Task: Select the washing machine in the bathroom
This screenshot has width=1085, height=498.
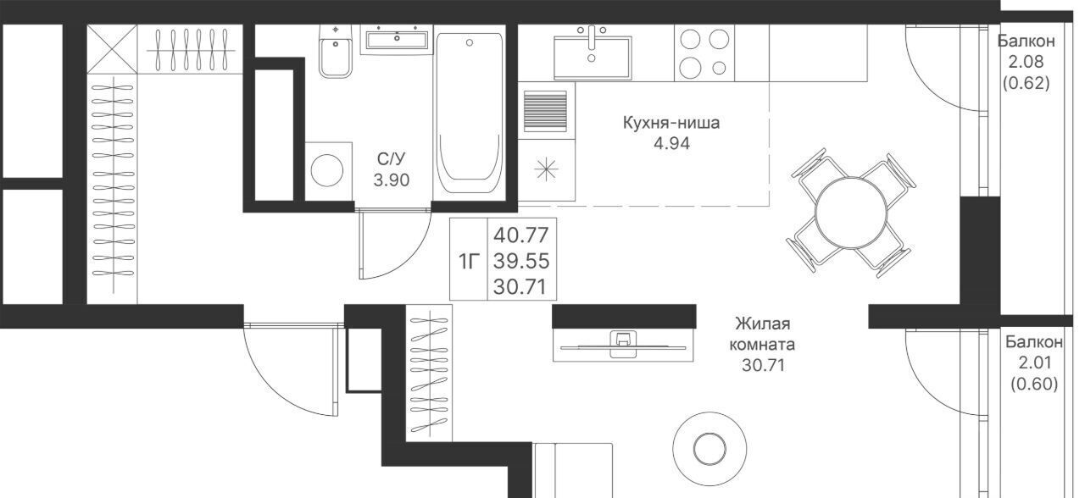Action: (x=328, y=171)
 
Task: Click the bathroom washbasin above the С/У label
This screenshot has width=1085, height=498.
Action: (x=397, y=38)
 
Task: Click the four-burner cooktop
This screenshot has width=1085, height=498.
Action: (x=704, y=53)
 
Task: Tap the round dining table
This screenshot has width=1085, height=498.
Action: (x=851, y=213)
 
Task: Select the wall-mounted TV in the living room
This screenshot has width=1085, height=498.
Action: (x=623, y=345)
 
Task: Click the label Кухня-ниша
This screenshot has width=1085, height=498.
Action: (x=671, y=123)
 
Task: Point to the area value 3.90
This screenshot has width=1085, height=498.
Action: (x=392, y=180)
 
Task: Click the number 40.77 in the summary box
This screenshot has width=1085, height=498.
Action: (x=521, y=235)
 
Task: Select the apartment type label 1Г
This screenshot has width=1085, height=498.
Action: (x=469, y=262)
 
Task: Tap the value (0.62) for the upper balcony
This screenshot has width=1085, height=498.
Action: (x=1027, y=83)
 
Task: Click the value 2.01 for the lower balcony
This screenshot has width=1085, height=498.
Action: (x=1034, y=362)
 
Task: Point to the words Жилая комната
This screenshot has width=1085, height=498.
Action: (x=762, y=334)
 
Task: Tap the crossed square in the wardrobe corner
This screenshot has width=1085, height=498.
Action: (x=112, y=49)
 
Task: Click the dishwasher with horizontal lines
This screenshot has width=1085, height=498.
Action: (x=545, y=111)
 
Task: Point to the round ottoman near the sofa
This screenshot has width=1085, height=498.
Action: (x=709, y=449)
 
